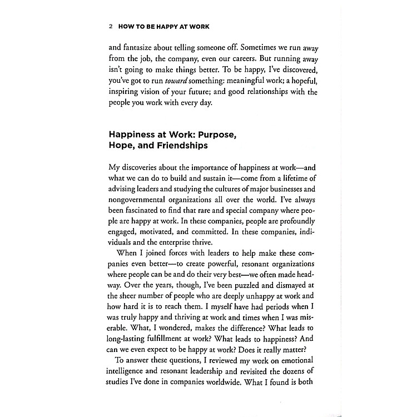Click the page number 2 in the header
tap(112, 26)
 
